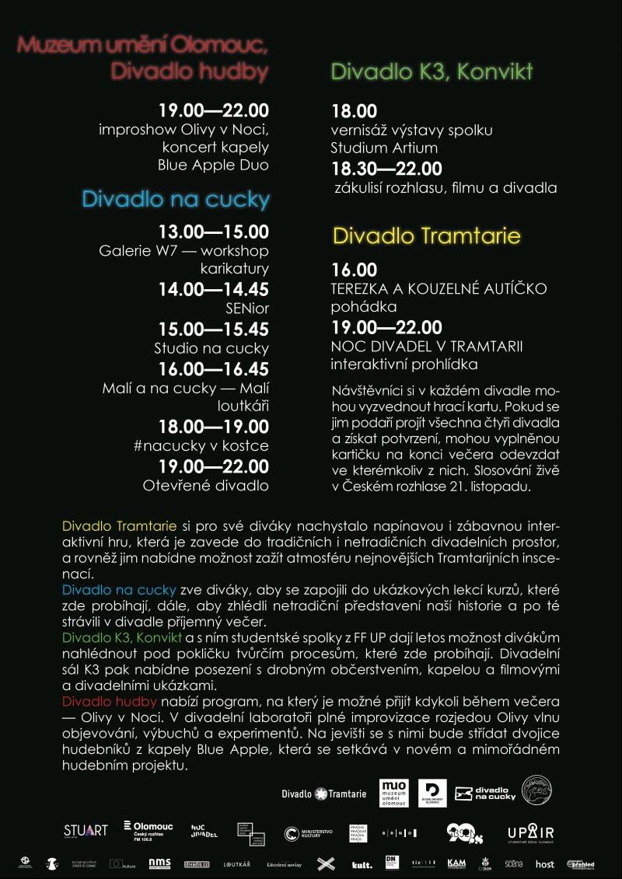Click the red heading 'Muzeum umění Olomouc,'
click(142, 45)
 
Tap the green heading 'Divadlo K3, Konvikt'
click(432, 72)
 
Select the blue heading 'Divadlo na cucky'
click(176, 200)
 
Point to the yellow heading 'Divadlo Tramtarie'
click(426, 235)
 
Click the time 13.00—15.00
click(214, 232)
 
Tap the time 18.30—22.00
click(386, 169)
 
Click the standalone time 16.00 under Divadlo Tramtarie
click(354, 270)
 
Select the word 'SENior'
click(247, 309)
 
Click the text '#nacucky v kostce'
click(201, 446)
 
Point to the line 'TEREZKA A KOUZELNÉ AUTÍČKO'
click(439, 289)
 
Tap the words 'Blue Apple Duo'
click(213, 165)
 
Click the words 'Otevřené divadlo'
click(206, 485)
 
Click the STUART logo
click(86, 830)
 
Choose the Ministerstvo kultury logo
click(309, 833)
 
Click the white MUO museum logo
click(393, 793)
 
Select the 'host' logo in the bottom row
click(545, 863)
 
